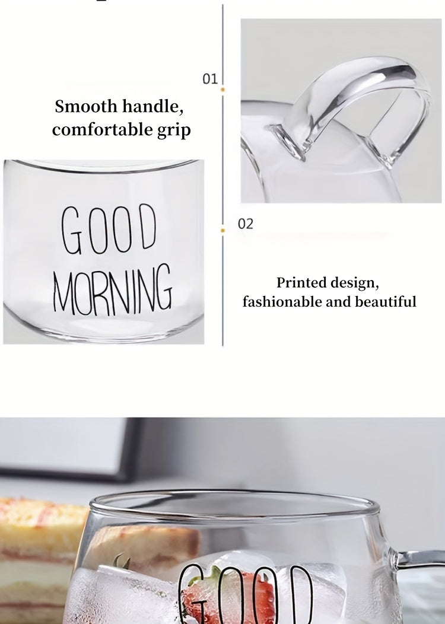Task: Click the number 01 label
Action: [x=210, y=79]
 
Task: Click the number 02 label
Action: [x=246, y=224]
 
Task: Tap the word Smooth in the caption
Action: [x=86, y=106]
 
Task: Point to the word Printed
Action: [x=301, y=282]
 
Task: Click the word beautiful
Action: [x=385, y=301]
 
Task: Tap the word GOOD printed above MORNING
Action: [x=108, y=230]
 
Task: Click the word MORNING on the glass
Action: [x=113, y=288]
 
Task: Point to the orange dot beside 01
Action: [x=223, y=90]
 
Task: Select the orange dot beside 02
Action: [x=223, y=230]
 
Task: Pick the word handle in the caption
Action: [x=153, y=106]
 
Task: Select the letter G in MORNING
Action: [x=164, y=287]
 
